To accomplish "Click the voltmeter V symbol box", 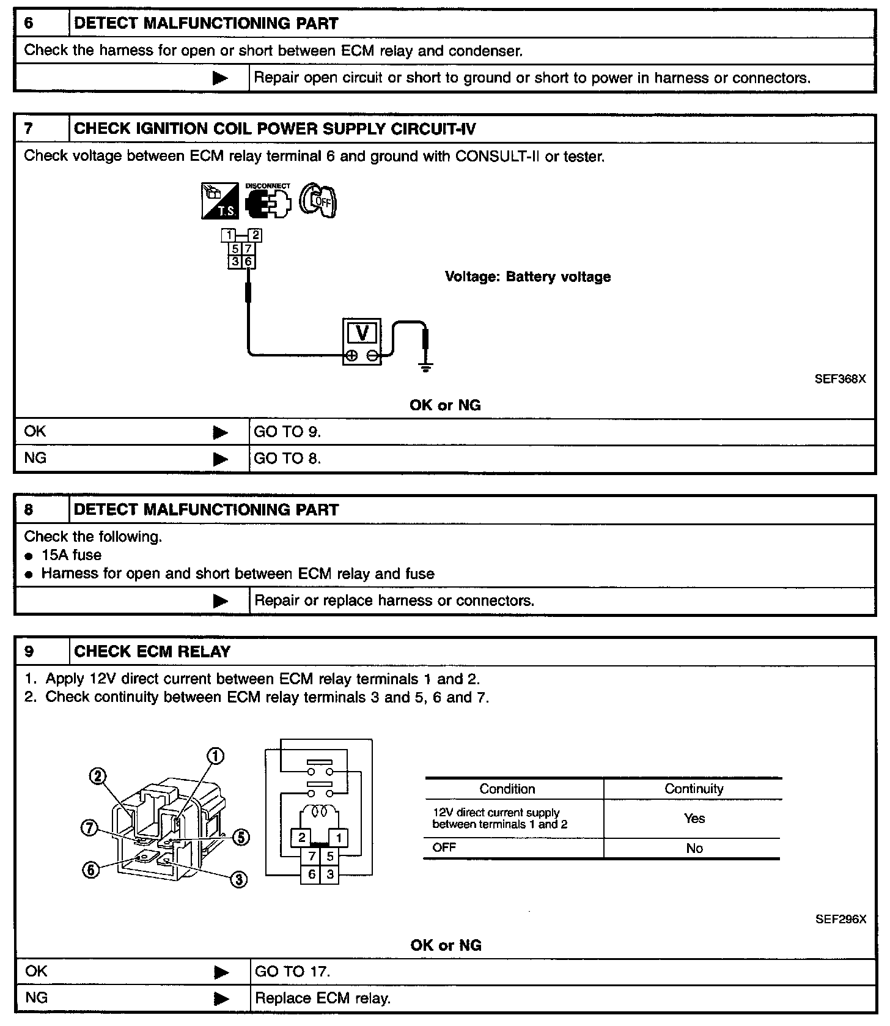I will (362, 333).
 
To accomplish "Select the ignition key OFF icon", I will (318, 201).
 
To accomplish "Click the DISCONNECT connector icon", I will (268, 201).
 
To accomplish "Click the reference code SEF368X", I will (840, 378).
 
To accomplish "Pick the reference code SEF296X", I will (840, 919).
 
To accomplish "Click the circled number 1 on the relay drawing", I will (215, 756).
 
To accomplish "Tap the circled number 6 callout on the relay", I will (90, 870).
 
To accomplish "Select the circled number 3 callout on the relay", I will (238, 879).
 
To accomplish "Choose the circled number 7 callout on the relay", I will (89, 829).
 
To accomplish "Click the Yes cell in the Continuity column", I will (694, 818).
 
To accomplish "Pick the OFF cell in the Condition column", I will (444, 847).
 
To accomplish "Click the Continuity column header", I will (694, 789).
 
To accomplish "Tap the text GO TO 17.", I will (292, 972).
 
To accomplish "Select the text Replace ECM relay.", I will (322, 998).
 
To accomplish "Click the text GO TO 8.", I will (287, 459).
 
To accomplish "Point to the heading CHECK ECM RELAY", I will (152, 652).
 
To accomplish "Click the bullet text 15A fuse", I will (71, 555).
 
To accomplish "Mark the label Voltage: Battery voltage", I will (528, 277).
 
